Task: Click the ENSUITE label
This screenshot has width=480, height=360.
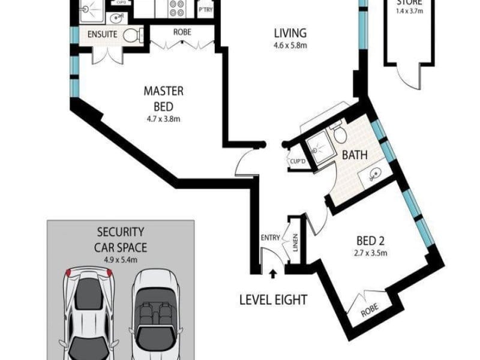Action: click(102, 35)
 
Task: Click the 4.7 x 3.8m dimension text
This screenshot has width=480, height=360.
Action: click(163, 119)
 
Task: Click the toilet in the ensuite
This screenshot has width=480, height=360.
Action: click(130, 35)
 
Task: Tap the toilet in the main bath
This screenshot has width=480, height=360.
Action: click(339, 133)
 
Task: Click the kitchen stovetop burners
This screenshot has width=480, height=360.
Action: click(178, 8)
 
